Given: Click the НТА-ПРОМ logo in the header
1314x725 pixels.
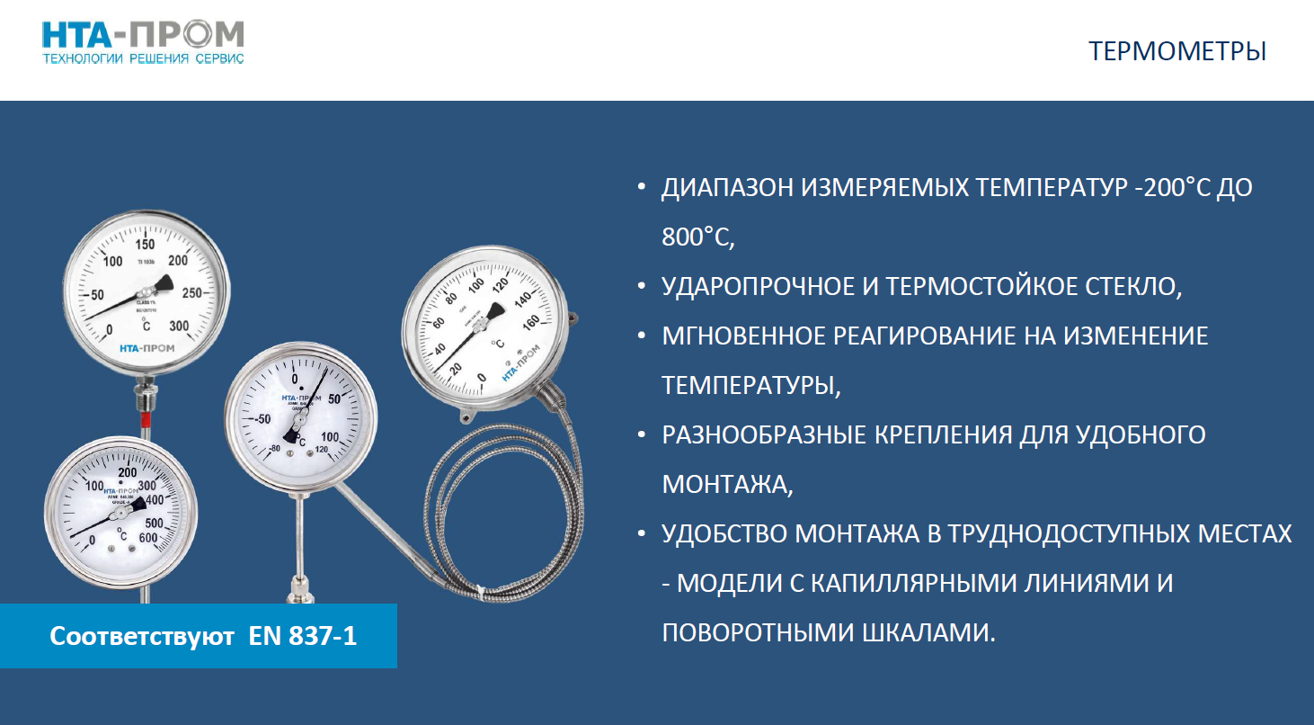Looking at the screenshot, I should pyautogui.click(x=143, y=34).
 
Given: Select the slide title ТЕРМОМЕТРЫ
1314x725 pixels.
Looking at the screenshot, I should pyautogui.click(x=1177, y=51).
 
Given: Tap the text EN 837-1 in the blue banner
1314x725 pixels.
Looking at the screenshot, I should pyautogui.click(x=303, y=636).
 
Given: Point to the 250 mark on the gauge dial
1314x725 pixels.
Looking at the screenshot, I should pyautogui.click(x=193, y=293).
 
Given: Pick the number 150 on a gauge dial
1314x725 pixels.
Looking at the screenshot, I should pyautogui.click(x=145, y=245).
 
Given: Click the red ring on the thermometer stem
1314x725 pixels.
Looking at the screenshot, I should pyautogui.click(x=145, y=419).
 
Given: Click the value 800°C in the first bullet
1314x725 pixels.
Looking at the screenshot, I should pyautogui.click(x=698, y=237).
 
